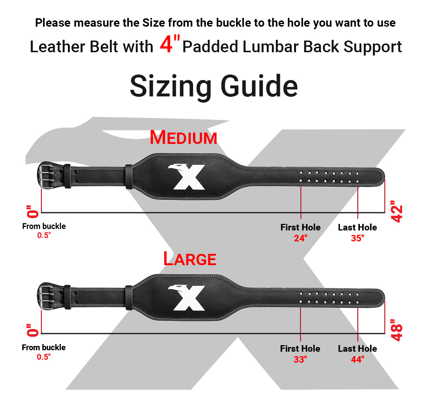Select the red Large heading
pyautogui.click(x=189, y=259)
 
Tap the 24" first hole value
pyautogui.click(x=301, y=238)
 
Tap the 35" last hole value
pyautogui.click(x=358, y=238)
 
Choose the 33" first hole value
pyautogui.click(x=300, y=359)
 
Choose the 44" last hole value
pyautogui.click(x=358, y=359)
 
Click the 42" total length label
pyautogui.click(x=396, y=211)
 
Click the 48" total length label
pyautogui.click(x=396, y=330)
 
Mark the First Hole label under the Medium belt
pyautogui.click(x=301, y=227)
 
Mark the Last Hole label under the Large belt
pyautogui.click(x=358, y=348)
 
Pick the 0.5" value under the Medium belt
pyautogui.click(x=44, y=235)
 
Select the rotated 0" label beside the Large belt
pyautogui.click(x=33, y=330)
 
